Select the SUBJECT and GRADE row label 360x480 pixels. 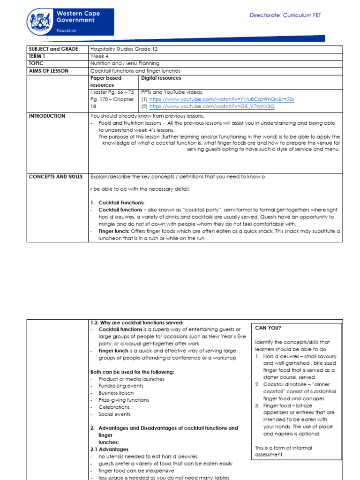coord(52,49)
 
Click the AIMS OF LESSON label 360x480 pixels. coord(48,71)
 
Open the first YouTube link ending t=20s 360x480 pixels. coord(222,99)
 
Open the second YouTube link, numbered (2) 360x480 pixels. coord(212,106)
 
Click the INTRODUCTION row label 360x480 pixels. coord(47,116)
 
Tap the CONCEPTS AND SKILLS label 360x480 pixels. coord(55,177)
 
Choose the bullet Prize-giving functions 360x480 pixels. coord(124,400)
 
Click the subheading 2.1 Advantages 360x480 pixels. coord(109,449)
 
